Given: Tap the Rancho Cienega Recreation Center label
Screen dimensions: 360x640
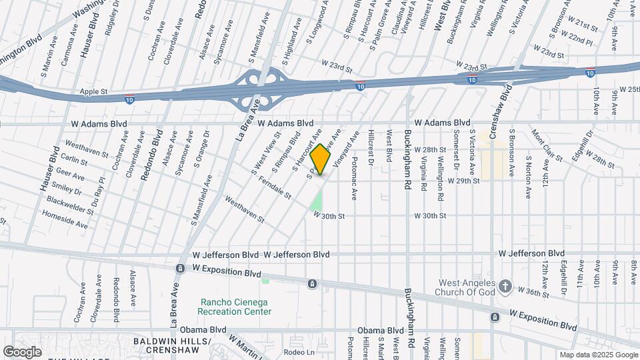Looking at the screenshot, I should [x=236, y=307].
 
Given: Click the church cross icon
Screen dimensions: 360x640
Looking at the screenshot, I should [x=505, y=287].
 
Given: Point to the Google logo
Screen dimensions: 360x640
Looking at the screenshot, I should [x=22, y=351].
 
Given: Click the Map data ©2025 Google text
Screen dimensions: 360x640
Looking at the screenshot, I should [x=599, y=355].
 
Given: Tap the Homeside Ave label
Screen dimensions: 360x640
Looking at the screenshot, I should [x=65, y=221].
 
